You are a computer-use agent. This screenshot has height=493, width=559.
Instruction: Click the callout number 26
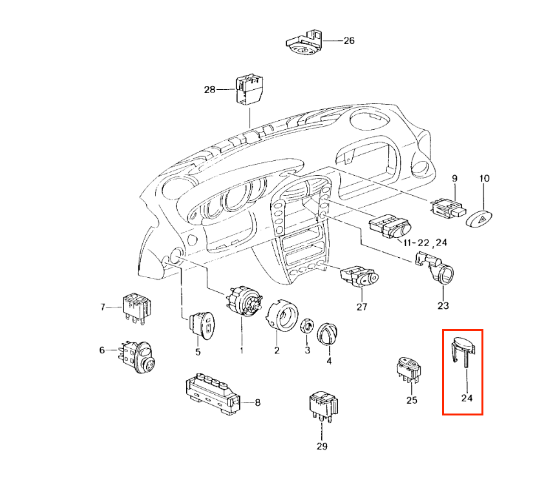pyautogui.click(x=349, y=41)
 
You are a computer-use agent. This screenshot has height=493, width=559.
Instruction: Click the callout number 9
pyautogui.click(x=454, y=178)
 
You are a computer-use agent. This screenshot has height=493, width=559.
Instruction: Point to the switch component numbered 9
pyautogui.click(x=447, y=209)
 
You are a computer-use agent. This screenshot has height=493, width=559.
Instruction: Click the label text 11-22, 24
pyautogui.click(x=425, y=243)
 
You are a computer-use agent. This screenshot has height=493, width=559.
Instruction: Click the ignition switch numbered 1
pyautogui.click(x=244, y=300)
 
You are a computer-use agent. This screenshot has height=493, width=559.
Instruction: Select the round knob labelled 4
pyautogui.click(x=327, y=334)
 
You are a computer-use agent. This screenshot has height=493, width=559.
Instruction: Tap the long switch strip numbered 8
pyautogui.click(x=213, y=393)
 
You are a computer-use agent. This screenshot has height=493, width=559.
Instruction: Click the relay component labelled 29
pyautogui.click(x=323, y=406)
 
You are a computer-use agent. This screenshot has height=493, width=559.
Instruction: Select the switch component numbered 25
pyautogui.click(x=410, y=370)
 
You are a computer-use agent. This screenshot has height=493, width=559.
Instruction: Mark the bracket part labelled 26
pyautogui.click(x=305, y=43)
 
